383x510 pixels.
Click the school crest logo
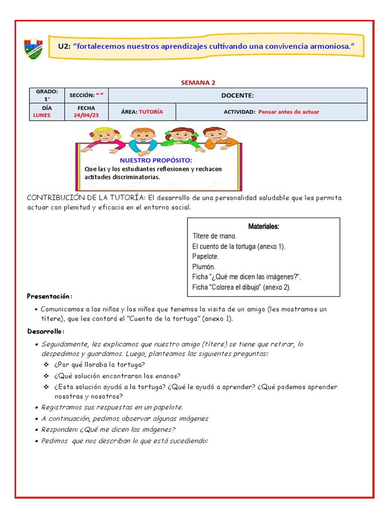click(34, 48)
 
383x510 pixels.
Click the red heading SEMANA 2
click(197, 83)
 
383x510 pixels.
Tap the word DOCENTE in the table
click(237, 96)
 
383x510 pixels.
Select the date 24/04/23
click(86, 116)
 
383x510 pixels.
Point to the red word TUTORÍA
click(151, 112)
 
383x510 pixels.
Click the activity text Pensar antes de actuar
click(288, 112)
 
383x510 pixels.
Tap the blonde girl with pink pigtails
click(103, 137)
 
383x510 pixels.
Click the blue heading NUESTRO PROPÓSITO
click(155, 160)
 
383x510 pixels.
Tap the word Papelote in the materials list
click(205, 256)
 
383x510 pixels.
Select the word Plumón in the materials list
click(203, 267)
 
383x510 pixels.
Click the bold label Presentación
click(49, 296)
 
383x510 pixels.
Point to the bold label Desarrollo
click(46, 332)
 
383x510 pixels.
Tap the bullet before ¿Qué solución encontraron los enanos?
click(46, 376)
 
